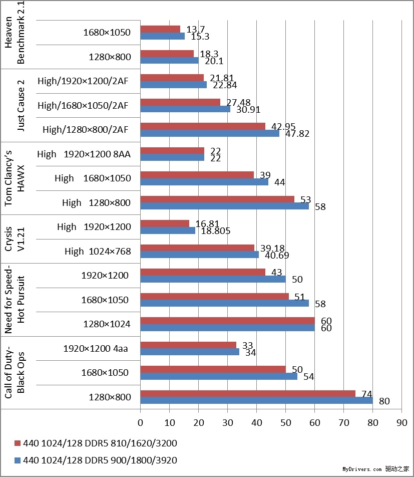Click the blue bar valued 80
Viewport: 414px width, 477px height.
[256, 400]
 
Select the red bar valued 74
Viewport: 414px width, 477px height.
[248, 394]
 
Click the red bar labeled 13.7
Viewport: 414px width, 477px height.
[160, 29]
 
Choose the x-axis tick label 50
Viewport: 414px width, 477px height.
[285, 423]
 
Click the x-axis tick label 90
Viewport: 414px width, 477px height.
[401, 423]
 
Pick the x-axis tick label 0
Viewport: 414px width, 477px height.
[141, 423]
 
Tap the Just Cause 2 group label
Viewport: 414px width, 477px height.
[21, 105]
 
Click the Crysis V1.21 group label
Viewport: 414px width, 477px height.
[15, 240]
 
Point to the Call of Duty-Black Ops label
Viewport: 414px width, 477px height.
[15, 373]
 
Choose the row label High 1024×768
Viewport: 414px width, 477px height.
[98, 251]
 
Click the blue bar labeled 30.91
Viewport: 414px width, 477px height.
[185, 109]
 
